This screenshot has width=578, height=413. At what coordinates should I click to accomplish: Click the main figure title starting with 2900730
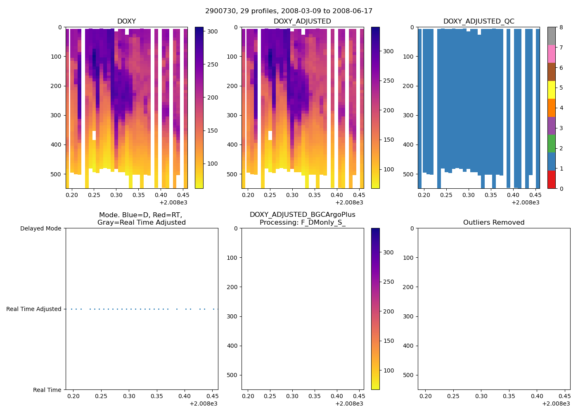click(289, 11)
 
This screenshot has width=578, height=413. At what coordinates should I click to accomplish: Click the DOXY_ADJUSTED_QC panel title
click(479, 21)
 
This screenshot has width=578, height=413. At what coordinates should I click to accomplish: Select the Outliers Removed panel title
click(494, 223)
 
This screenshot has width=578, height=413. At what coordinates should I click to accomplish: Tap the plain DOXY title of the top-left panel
click(126, 21)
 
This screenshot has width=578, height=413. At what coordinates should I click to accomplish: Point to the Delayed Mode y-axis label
click(40, 228)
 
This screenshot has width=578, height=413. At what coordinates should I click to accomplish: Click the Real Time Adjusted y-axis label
click(34, 309)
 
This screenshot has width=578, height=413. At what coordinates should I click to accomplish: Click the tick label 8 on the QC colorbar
click(561, 27)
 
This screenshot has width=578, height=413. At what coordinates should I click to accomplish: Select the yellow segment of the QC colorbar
click(552, 90)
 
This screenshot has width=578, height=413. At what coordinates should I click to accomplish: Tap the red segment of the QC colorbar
click(552, 180)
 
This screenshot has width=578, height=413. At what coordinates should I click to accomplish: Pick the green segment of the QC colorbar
click(552, 143)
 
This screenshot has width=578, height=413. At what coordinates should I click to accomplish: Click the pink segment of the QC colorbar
click(552, 54)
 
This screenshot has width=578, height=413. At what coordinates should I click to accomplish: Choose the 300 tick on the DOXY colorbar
click(213, 31)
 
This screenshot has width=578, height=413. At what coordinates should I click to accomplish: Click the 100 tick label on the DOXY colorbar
click(213, 164)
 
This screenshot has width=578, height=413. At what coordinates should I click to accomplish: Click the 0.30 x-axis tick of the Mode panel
click(129, 396)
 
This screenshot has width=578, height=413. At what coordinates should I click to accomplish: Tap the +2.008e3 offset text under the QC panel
click(526, 202)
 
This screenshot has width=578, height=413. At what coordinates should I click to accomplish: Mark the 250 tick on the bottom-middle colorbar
click(388, 282)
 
